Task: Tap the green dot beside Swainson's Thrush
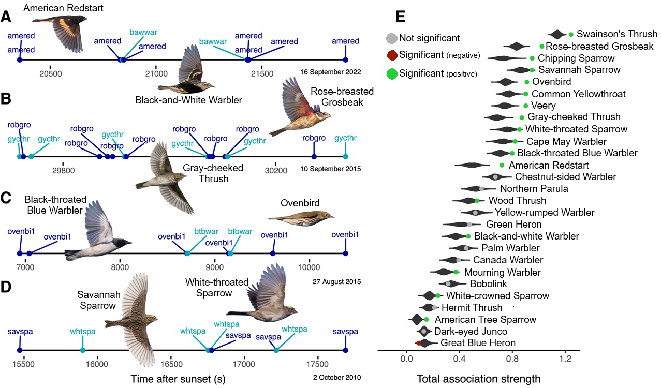(x=571, y=34)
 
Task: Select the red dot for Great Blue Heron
(x=419, y=343)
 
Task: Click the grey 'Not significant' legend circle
(x=392, y=38)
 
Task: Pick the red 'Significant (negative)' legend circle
(x=392, y=55)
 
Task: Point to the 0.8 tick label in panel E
(x=512, y=357)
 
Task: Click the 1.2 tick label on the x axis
(x=565, y=357)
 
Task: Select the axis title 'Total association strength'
(x=478, y=379)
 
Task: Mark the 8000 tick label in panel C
(x=120, y=267)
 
